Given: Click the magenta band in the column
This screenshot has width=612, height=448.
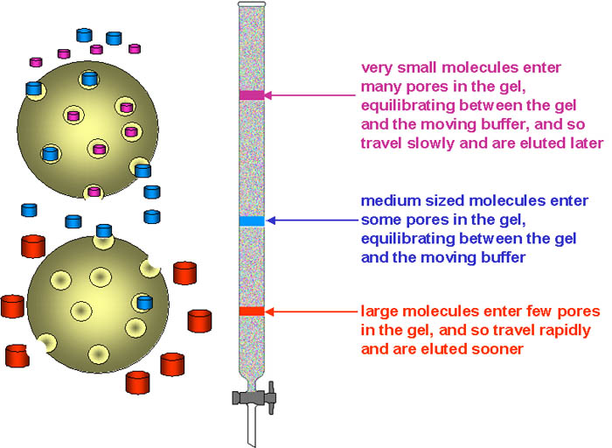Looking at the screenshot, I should click(x=251, y=94).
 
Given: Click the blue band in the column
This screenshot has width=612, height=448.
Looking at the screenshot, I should click(x=251, y=220).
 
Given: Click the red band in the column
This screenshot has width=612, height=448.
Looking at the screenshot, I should click(x=251, y=311).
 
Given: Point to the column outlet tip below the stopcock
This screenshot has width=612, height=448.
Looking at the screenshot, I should click(x=252, y=429).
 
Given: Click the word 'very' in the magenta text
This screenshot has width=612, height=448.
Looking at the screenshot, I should click(x=378, y=66).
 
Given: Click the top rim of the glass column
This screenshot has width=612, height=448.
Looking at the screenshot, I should click(x=251, y=6).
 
